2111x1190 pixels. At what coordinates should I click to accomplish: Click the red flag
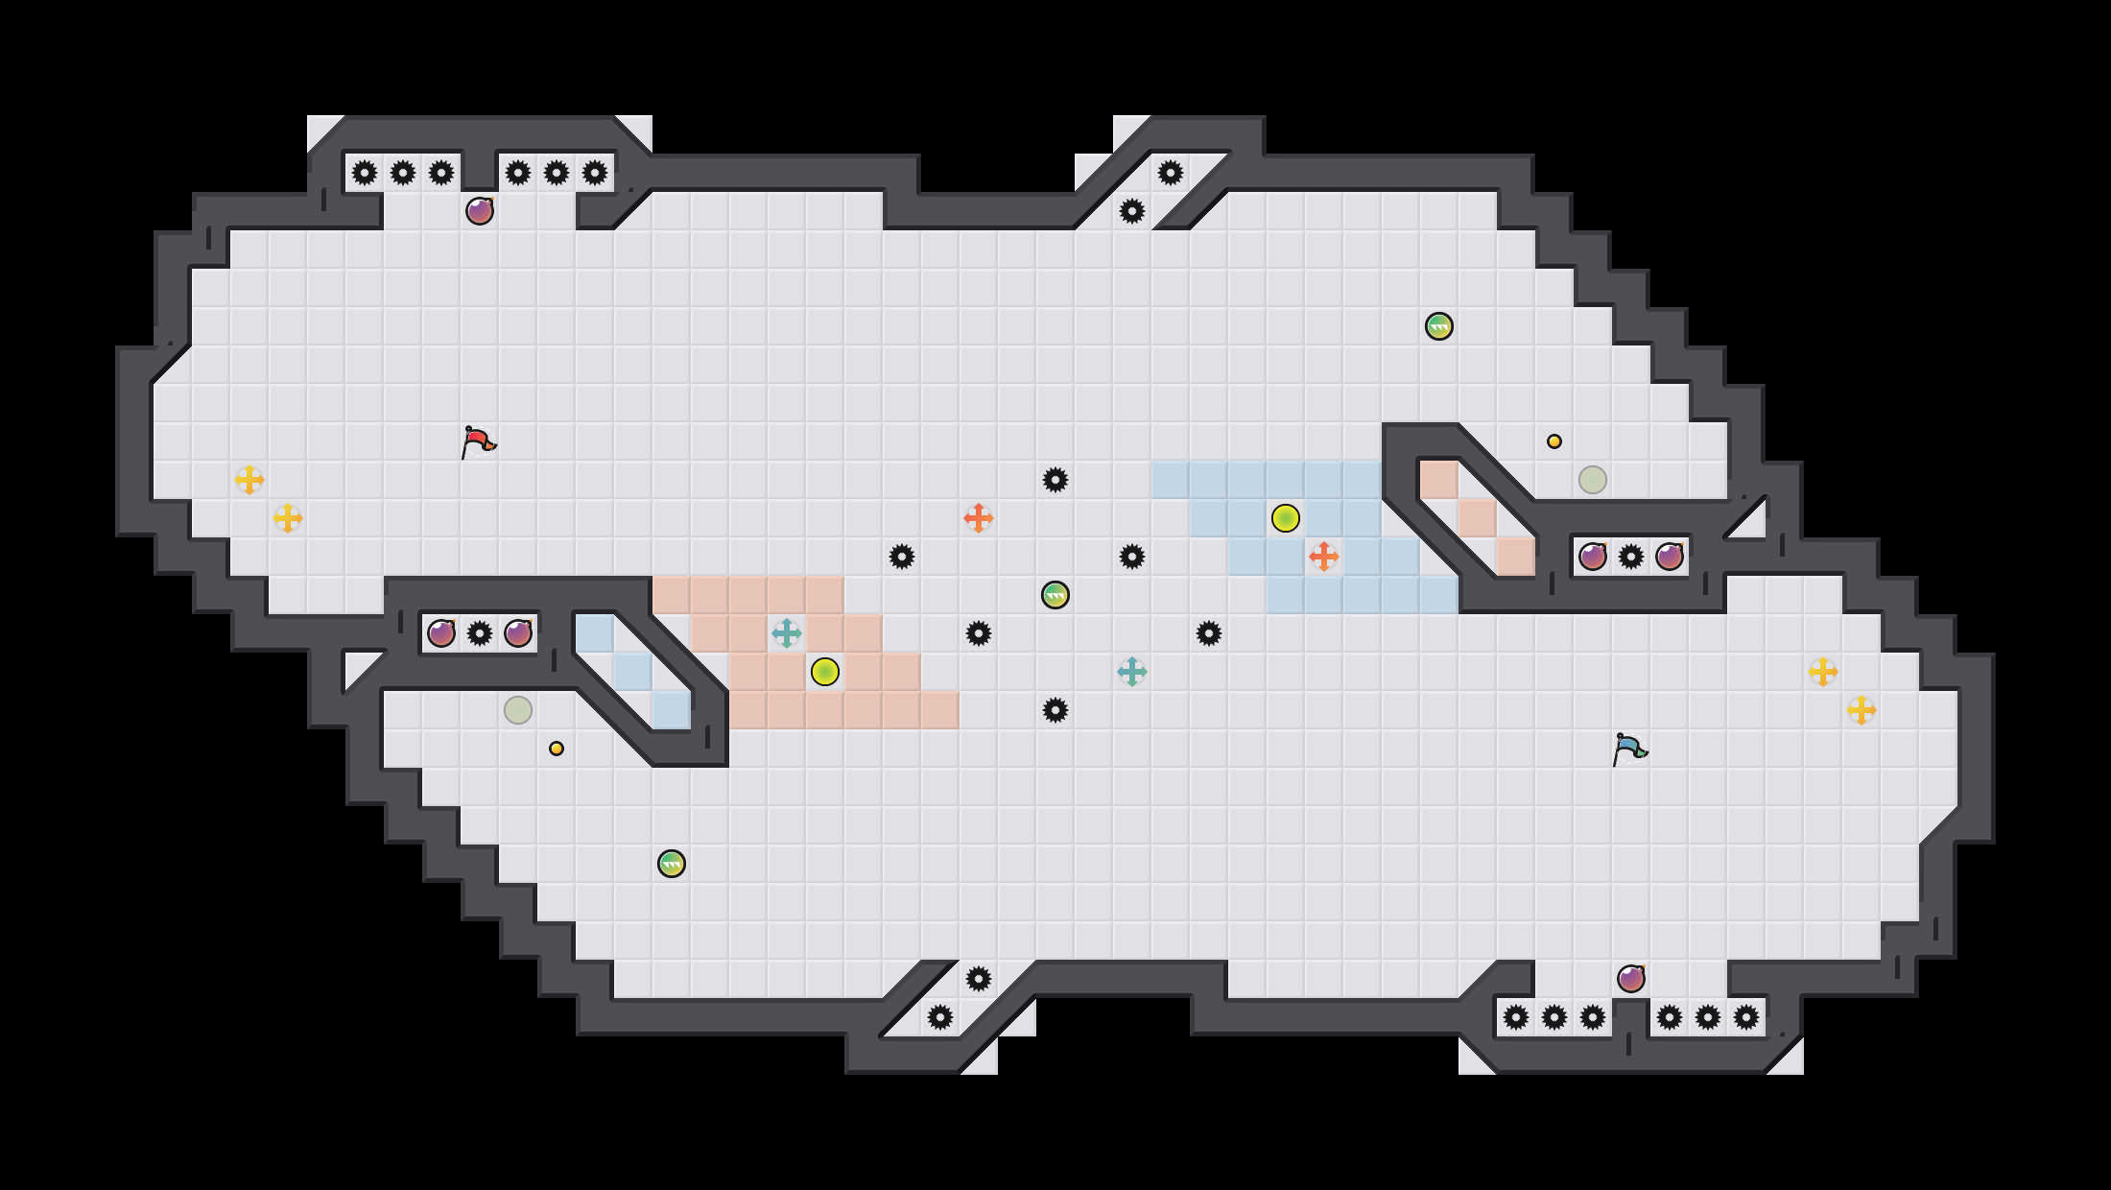(x=478, y=441)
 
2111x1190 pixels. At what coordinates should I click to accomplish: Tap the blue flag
(x=1629, y=749)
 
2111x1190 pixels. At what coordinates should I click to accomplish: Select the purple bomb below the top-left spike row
(x=480, y=211)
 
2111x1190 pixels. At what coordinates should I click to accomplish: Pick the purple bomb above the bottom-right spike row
(x=1631, y=979)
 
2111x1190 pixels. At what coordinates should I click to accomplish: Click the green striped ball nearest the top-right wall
(x=1439, y=326)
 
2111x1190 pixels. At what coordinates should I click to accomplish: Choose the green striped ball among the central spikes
(x=1055, y=595)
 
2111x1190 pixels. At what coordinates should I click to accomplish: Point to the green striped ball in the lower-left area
(x=672, y=864)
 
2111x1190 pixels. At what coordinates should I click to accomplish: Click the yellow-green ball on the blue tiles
(x=1286, y=518)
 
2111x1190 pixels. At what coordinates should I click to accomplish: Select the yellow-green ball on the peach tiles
(x=825, y=672)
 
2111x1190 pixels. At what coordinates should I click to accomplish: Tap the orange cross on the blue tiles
(x=1324, y=557)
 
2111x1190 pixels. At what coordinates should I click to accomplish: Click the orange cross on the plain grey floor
(x=979, y=518)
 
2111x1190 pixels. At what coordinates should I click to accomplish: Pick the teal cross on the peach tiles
(x=787, y=633)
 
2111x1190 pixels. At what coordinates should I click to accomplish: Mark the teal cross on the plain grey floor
(x=1132, y=672)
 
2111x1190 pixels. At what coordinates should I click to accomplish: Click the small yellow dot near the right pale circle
(x=1554, y=441)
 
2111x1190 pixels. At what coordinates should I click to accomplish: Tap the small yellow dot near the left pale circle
(x=557, y=749)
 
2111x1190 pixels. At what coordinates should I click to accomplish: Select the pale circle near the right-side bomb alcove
(x=1593, y=480)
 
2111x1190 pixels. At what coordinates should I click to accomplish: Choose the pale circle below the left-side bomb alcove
(x=518, y=710)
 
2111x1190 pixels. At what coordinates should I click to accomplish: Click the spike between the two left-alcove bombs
(x=480, y=633)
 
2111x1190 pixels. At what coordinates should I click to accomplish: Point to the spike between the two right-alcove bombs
(x=1631, y=557)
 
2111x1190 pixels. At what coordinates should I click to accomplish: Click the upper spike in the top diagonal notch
(x=1171, y=173)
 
